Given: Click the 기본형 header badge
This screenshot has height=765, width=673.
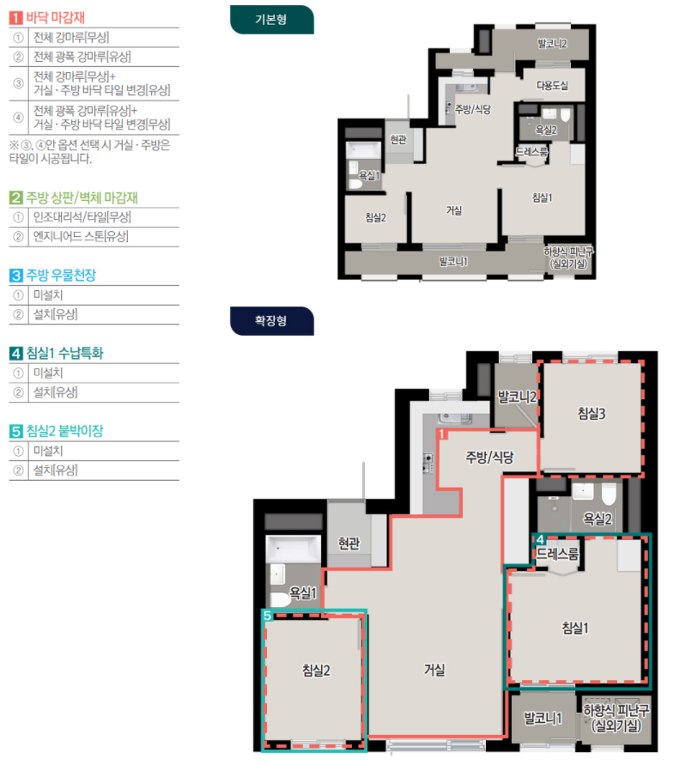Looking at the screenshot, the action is pyautogui.click(x=271, y=20).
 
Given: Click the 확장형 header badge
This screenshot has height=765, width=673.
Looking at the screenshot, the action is pyautogui.click(x=271, y=320).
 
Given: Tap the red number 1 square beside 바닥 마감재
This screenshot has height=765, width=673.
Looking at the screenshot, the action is pyautogui.click(x=15, y=17).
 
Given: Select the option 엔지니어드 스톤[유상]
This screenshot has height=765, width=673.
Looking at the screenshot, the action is pyautogui.click(x=81, y=237).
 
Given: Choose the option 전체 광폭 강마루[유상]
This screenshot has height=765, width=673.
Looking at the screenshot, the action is pyautogui.click(x=82, y=57).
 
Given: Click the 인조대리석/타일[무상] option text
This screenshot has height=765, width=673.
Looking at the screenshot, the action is pyautogui.click(x=82, y=217).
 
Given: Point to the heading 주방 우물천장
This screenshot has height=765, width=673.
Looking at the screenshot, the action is pyautogui.click(x=61, y=275).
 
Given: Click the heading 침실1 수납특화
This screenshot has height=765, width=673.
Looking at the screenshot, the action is pyautogui.click(x=65, y=353).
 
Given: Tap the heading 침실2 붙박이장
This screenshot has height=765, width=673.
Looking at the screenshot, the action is pyautogui.click(x=65, y=431).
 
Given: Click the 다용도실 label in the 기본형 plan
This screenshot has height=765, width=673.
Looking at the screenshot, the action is pyautogui.click(x=553, y=86).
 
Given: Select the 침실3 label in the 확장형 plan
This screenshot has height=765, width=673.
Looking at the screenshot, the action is pyautogui.click(x=591, y=414).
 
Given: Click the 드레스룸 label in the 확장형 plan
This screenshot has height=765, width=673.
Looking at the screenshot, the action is pyautogui.click(x=557, y=554).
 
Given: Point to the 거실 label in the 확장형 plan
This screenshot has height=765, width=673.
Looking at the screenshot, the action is pyautogui.click(x=434, y=670).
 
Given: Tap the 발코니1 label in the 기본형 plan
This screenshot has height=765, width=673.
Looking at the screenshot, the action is pyautogui.click(x=453, y=262).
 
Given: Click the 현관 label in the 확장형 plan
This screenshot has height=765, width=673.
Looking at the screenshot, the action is pyautogui.click(x=349, y=543).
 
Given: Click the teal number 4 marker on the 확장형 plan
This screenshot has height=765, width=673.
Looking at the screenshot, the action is pyautogui.click(x=540, y=539).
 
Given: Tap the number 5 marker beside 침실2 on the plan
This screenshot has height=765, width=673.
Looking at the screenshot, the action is pyautogui.click(x=267, y=616).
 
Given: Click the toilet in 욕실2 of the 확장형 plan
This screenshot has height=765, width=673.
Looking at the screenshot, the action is pyautogui.click(x=609, y=494).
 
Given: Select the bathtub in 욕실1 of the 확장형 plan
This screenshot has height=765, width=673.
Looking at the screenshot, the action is pyautogui.click(x=293, y=549).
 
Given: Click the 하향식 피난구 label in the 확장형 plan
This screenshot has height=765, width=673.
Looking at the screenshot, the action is pyautogui.click(x=616, y=710).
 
